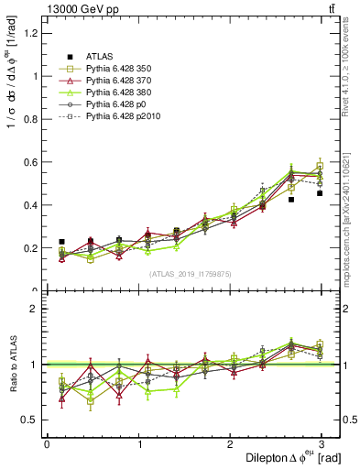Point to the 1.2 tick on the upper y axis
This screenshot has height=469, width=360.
(x=30, y=33)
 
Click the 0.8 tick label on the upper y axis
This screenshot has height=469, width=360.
(x=30, y=119)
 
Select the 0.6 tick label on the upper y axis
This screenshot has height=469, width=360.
(x=30, y=162)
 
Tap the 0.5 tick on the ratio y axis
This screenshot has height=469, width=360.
(x=30, y=420)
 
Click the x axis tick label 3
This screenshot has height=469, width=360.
(x=321, y=444)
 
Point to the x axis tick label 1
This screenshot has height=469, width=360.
(x=137, y=444)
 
